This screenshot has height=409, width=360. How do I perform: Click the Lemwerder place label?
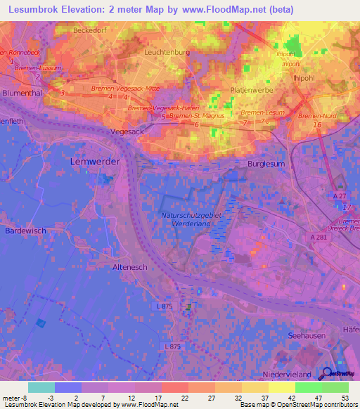[x=95, y=161]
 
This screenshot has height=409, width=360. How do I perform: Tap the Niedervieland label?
[x=286, y=374]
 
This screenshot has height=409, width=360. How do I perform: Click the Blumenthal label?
[x=23, y=91]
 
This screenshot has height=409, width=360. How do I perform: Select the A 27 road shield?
[x=340, y=197]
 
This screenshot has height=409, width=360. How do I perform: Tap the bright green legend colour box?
[x=308, y=387]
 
